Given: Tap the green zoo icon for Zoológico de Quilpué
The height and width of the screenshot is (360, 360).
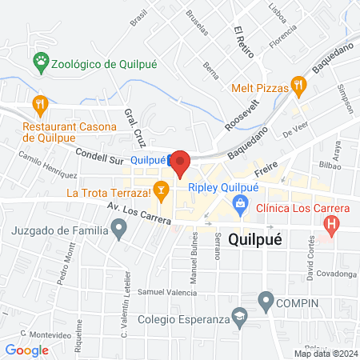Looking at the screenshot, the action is tap(39, 61).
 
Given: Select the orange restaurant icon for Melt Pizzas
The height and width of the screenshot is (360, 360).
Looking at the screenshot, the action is tap(298, 82).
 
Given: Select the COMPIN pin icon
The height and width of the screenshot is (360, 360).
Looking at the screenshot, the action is tap(266, 302).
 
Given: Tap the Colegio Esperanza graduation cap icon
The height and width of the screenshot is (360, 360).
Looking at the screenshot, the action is tap(240, 321).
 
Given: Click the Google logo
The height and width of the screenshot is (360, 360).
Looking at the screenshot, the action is tap(27, 350).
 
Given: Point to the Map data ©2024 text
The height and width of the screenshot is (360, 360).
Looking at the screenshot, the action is tap(325, 353).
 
